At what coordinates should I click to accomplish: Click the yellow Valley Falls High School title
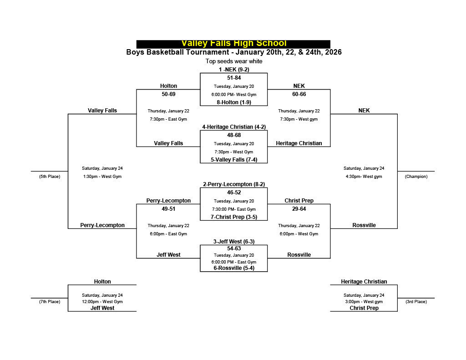[x=234, y=44]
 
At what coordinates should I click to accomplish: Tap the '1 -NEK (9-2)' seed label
[x=234, y=70]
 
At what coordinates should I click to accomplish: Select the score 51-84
[x=234, y=78]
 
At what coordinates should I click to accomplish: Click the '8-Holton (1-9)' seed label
[x=234, y=102]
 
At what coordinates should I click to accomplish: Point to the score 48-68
[x=234, y=135]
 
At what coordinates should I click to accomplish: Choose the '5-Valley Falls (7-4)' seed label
[x=234, y=160]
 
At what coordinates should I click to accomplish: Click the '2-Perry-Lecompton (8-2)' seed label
[x=234, y=184]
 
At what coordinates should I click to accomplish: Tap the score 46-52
[x=234, y=193]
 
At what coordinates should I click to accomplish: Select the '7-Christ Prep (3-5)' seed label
[x=234, y=217]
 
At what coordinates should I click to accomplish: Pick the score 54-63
[x=234, y=248]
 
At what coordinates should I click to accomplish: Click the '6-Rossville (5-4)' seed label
[x=234, y=268]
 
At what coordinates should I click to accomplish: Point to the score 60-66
[x=299, y=94]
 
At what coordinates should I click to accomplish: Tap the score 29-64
[x=299, y=209]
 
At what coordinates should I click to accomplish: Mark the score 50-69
[x=168, y=94]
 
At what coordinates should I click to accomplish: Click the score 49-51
[x=168, y=209]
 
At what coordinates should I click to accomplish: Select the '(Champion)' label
[x=416, y=177]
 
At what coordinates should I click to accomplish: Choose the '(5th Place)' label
[x=50, y=177]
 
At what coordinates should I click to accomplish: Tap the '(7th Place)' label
[x=50, y=302]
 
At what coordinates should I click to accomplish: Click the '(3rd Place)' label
[x=416, y=302]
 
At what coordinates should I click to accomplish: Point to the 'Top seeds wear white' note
[x=234, y=61]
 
